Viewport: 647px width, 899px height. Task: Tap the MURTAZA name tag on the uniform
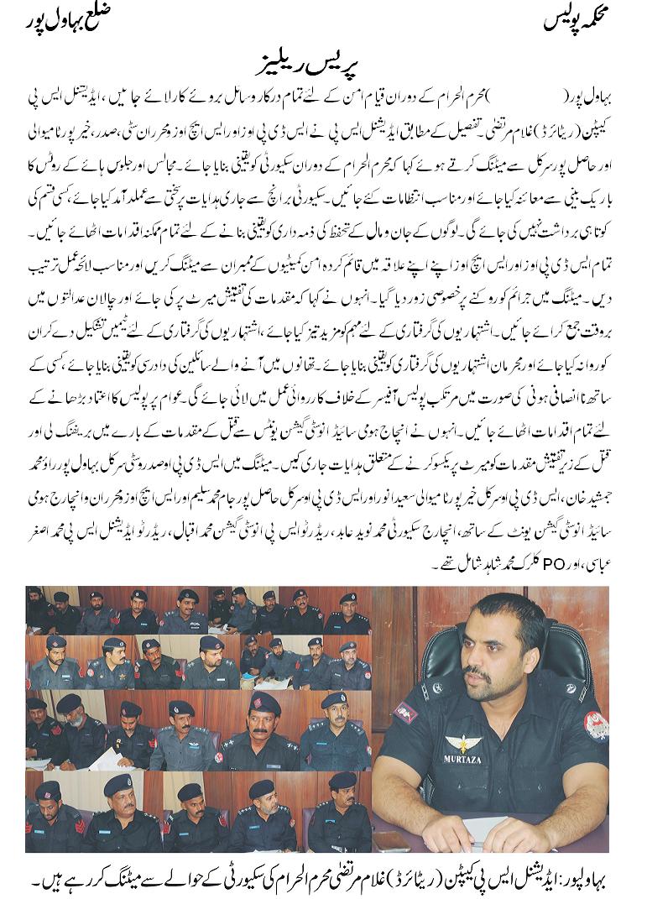pyautogui.click(x=462, y=759)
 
